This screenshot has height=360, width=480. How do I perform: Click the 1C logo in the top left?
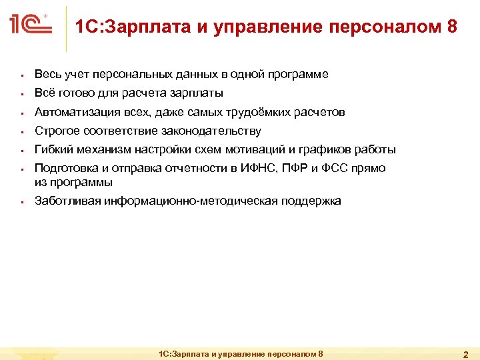point(31,25)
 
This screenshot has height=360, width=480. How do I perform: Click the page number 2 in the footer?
point(466,354)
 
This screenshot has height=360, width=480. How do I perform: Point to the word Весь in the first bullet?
point(46,74)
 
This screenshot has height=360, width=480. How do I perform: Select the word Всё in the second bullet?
point(43,93)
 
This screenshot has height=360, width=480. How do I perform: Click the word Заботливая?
point(67,201)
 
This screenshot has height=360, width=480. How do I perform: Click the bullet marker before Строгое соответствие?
point(22,131)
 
